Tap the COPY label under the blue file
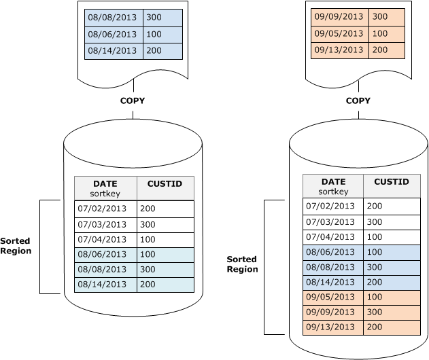(x=132, y=101)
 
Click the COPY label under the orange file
(x=358, y=101)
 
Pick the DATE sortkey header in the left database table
(x=105, y=188)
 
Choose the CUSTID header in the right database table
(x=391, y=182)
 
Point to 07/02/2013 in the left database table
(x=102, y=209)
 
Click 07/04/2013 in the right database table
(x=330, y=236)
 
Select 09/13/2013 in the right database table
(x=330, y=326)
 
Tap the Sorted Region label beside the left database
(x=16, y=246)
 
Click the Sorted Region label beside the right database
(x=243, y=264)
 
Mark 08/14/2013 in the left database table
(x=102, y=284)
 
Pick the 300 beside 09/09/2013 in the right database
(x=375, y=311)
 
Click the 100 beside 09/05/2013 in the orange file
(x=381, y=33)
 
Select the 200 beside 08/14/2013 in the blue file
(x=154, y=50)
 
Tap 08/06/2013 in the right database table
(x=330, y=251)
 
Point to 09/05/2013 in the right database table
(x=330, y=296)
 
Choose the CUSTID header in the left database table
(x=165, y=184)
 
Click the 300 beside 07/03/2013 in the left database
(x=148, y=224)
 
